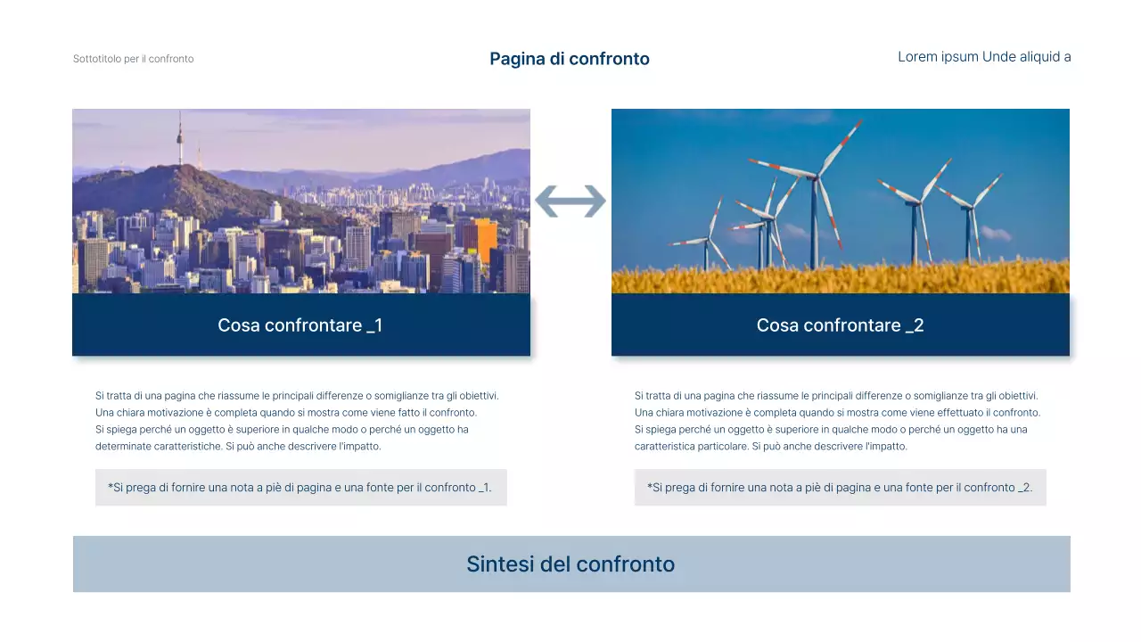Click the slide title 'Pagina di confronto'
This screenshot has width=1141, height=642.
(x=570, y=59)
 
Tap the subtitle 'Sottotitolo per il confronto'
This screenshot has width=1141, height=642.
(x=133, y=59)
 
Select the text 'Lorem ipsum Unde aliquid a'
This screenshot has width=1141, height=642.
(x=984, y=57)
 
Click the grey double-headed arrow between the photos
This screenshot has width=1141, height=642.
(x=570, y=202)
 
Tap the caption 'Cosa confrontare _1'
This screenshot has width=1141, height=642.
(x=300, y=325)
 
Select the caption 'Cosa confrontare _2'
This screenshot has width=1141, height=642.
(x=840, y=325)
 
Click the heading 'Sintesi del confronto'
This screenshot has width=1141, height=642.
(x=570, y=564)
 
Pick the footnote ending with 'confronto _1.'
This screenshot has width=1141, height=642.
(x=300, y=488)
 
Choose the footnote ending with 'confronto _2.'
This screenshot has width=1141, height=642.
(x=840, y=488)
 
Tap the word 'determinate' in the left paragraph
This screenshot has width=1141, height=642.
(x=120, y=447)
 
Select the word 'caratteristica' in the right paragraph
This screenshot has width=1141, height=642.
(x=664, y=447)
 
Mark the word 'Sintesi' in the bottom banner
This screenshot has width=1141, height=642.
(x=499, y=564)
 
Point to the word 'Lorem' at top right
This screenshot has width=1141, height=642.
(x=917, y=57)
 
